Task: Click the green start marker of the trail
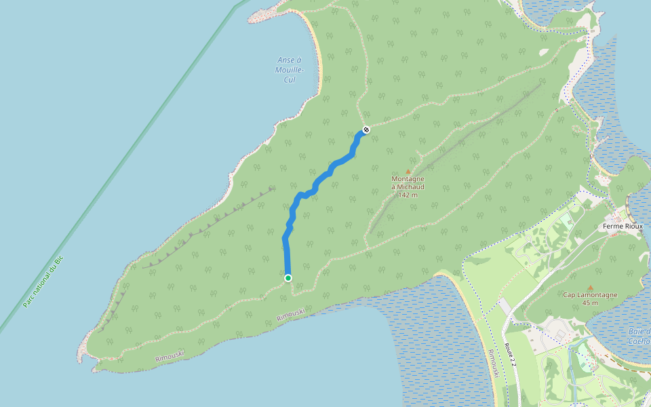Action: click(x=288, y=278)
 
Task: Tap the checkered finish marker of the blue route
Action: click(x=366, y=130)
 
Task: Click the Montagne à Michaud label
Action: click(x=408, y=183)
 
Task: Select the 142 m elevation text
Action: click(x=408, y=195)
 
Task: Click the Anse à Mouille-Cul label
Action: click(x=290, y=70)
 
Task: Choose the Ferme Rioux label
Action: click(x=623, y=226)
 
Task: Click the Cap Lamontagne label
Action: click(x=589, y=295)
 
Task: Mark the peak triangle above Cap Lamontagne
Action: click(x=590, y=288)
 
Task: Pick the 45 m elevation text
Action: click(x=590, y=303)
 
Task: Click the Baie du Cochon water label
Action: click(x=639, y=336)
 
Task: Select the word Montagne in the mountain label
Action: click(x=408, y=179)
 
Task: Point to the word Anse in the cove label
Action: click(x=290, y=60)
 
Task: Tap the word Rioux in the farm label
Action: click(x=632, y=226)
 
